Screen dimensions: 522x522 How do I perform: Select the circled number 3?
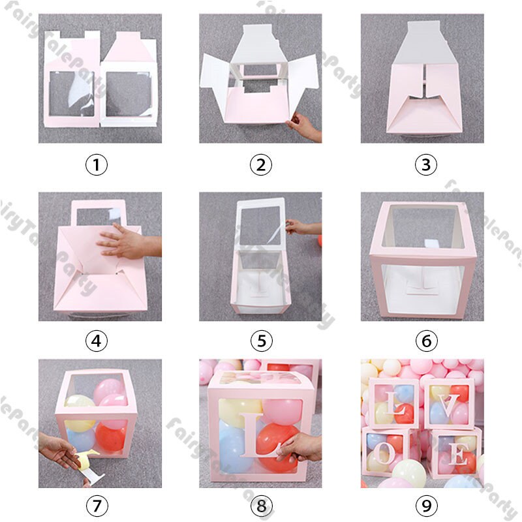[x=425, y=165]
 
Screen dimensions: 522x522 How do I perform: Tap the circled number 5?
[x=260, y=341]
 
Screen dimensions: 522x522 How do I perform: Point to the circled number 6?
[x=425, y=341]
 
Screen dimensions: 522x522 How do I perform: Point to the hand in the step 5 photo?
[x=301, y=227]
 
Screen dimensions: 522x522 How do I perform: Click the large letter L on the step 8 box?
[x=252, y=435]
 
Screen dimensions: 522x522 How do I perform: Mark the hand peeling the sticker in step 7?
[x=62, y=450]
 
